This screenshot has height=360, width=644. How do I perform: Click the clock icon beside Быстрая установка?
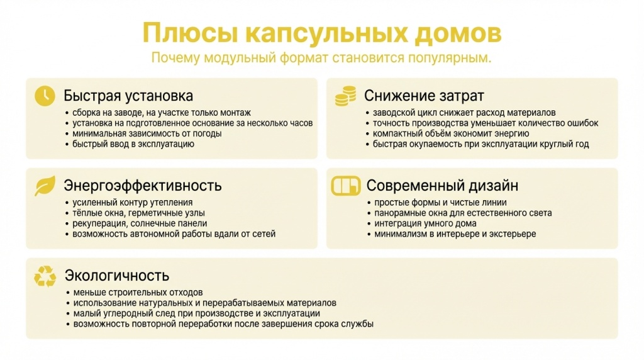[45, 96]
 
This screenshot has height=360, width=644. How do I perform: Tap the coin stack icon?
[345, 96]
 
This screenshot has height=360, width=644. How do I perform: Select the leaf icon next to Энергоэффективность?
[45, 185]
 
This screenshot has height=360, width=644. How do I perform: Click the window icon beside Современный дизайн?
[345, 186]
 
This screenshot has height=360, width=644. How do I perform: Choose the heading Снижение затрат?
[424, 96]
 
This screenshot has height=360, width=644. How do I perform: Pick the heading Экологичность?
[117, 276]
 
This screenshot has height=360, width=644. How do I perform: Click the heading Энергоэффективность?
[143, 186]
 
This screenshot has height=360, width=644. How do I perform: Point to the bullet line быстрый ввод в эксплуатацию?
[133, 144]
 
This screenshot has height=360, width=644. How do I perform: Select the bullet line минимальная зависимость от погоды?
[147, 133]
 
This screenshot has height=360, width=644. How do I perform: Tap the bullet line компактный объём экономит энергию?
[451, 133]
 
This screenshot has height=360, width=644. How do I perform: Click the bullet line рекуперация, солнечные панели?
[140, 223]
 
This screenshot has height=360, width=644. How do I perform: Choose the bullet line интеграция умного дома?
[425, 223]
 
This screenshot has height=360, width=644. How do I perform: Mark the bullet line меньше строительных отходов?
[138, 293]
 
